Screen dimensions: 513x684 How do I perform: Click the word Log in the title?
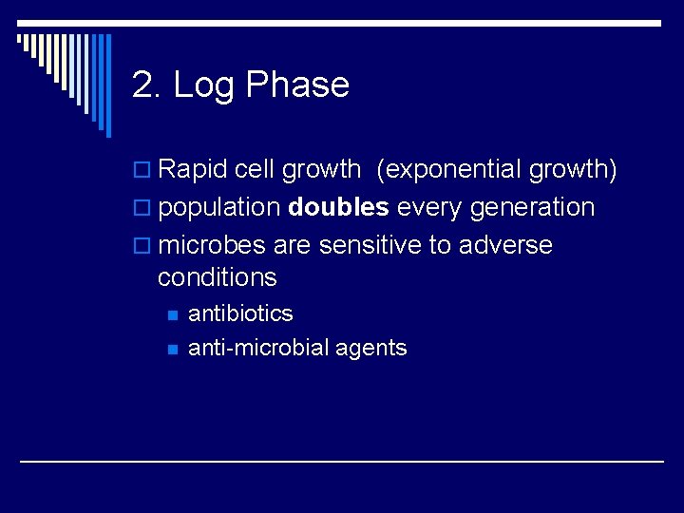coord(204,85)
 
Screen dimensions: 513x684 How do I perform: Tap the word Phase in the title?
coord(297,85)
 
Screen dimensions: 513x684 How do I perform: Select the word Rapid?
coord(193,170)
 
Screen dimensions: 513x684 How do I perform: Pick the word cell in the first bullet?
coord(255,170)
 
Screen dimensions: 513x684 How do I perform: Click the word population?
coord(218,208)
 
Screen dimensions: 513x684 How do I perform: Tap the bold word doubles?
coord(338,208)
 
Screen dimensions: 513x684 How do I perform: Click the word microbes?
coord(212,245)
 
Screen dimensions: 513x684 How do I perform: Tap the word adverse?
coord(504,245)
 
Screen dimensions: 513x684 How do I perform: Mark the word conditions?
coord(217,277)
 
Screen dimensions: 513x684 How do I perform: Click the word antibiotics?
coord(240,313)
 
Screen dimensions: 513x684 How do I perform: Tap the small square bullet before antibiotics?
coord(171,314)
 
